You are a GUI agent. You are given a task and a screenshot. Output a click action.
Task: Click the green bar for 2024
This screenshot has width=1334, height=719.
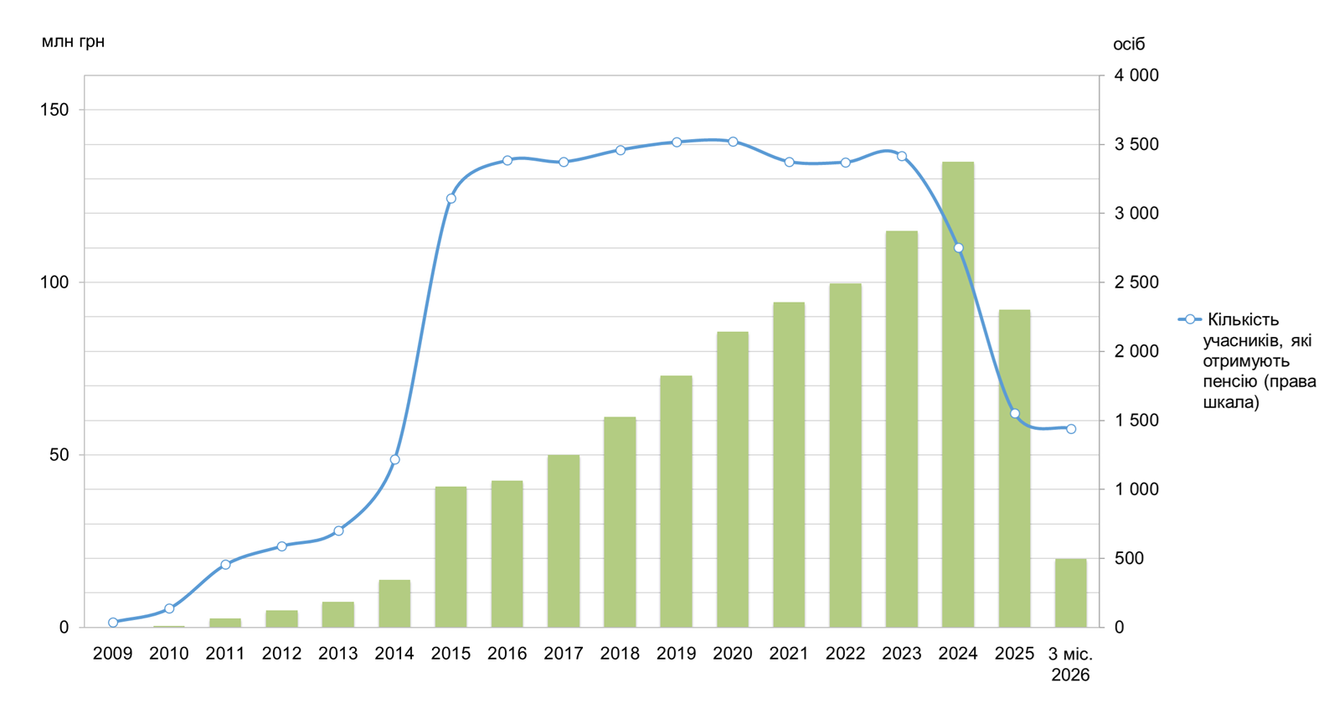(957, 394)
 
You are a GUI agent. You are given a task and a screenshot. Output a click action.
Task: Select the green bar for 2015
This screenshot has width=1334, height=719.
(451, 556)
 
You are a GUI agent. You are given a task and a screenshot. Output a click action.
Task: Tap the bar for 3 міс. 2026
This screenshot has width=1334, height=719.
(1070, 592)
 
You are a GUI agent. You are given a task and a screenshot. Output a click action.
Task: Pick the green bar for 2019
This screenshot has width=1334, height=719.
(676, 501)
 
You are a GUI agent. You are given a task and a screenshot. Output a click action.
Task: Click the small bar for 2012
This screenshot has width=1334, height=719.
(281, 618)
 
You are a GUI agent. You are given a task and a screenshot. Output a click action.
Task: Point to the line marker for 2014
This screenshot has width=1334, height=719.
(394, 459)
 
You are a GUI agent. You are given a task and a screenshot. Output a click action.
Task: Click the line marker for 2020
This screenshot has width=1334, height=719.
(733, 142)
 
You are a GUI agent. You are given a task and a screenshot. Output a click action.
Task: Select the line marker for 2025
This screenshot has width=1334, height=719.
(1015, 414)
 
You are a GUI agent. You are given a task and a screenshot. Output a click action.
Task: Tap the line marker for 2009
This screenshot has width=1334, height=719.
(113, 623)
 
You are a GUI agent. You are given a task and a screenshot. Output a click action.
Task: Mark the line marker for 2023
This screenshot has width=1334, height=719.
(902, 156)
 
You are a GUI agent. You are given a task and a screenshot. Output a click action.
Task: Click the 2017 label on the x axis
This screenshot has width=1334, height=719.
(564, 654)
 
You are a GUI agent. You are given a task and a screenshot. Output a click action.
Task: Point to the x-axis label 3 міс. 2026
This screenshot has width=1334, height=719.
(1070, 664)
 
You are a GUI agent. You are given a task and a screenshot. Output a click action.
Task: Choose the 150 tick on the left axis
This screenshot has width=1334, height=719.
(54, 110)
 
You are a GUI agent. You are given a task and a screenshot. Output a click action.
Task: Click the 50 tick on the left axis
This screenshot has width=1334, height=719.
(59, 455)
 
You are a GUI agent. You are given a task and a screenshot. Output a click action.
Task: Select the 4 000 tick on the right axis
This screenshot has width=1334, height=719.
(1136, 75)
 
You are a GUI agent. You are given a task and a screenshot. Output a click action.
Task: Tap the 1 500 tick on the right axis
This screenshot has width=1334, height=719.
(1136, 420)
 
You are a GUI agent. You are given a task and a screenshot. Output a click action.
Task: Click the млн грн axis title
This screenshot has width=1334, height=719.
(73, 41)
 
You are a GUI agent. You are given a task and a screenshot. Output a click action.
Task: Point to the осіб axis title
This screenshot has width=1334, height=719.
(1128, 44)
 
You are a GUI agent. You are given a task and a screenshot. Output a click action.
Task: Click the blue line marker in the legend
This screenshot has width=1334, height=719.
(1189, 319)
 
